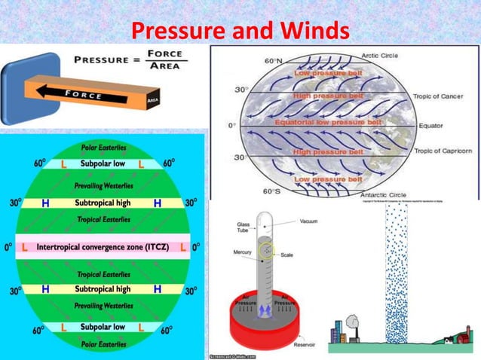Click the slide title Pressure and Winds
[x=240, y=32]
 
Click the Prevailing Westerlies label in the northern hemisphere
[x=103, y=186]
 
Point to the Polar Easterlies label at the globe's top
[x=103, y=147]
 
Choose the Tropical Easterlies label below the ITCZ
[x=103, y=274]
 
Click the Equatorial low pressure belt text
[x=321, y=123]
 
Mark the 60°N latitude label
[x=273, y=61]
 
